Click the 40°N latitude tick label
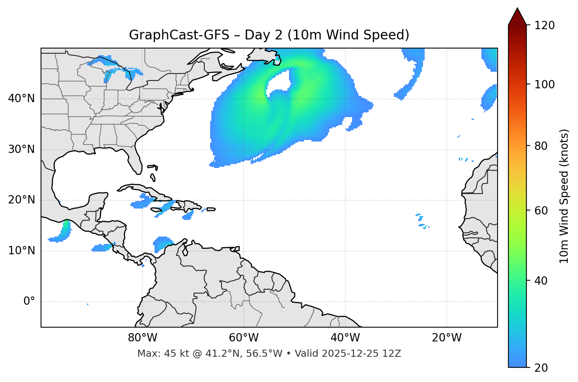click(x=21, y=99)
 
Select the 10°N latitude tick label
click(x=21, y=251)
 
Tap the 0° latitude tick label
click(x=29, y=302)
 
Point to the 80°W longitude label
click(x=142, y=338)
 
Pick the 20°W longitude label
click(x=446, y=338)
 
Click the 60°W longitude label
click(x=244, y=338)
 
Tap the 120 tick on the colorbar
click(x=545, y=26)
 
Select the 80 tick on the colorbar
click(x=543, y=146)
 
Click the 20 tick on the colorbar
click(x=543, y=368)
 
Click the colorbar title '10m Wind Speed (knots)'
click(x=564, y=196)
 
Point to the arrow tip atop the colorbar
click(x=517, y=9)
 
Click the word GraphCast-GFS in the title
click(x=179, y=35)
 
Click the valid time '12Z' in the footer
click(x=393, y=354)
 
